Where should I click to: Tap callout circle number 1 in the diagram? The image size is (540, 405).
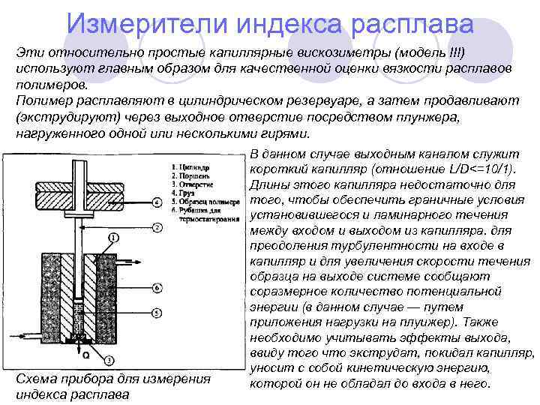112,238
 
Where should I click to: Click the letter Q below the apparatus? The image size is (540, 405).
85,355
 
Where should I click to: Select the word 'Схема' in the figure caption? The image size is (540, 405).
34,379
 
